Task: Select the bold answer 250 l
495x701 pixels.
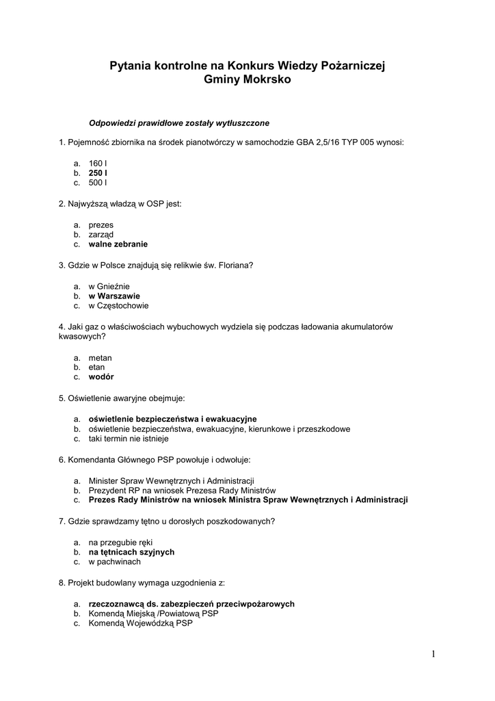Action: [98, 173]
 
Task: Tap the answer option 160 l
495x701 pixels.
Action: [98, 164]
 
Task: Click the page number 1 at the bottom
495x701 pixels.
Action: [433, 654]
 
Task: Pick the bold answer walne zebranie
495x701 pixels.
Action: [118, 244]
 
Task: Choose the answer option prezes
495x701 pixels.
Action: [101, 225]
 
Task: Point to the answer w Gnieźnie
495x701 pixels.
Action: [109, 285]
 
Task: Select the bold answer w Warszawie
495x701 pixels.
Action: [114, 296]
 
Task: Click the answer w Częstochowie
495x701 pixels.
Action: [118, 305]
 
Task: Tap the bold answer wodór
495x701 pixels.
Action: [101, 377]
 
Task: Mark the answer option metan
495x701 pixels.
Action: [100, 357]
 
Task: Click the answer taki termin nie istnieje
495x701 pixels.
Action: [129, 438]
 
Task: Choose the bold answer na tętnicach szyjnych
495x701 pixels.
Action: [131, 552]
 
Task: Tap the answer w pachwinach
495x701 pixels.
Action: [114, 561]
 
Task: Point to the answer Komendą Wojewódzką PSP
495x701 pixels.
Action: [141, 624]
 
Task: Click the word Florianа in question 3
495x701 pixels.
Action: [236, 265]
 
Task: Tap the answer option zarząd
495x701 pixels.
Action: [101, 234]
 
